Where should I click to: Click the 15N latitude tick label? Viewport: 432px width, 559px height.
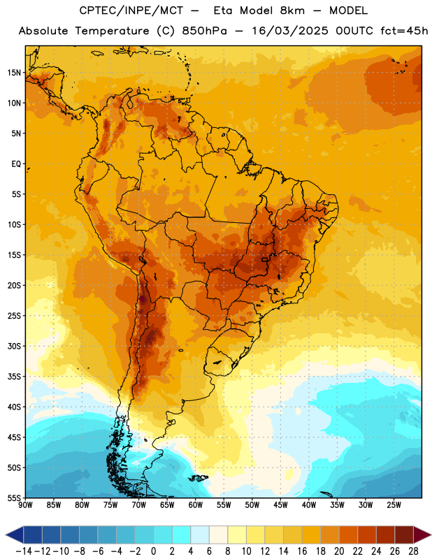(14, 73)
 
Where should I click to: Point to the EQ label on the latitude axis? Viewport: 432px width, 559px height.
(16, 164)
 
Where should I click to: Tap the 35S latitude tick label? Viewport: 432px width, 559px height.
(14, 377)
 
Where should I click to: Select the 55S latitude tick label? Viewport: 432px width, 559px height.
(14, 498)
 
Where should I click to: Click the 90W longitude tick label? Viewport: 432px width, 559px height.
(25, 505)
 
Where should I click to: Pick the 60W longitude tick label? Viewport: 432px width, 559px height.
(196, 505)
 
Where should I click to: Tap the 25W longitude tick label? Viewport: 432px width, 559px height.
(394, 505)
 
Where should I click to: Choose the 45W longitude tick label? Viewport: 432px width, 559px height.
(280, 505)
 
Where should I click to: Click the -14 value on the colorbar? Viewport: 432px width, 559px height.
(24, 551)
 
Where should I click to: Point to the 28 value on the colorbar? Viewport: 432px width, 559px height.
(413, 551)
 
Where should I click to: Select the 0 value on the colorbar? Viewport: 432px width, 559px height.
(153, 551)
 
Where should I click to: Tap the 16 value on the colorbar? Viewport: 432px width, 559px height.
(302, 551)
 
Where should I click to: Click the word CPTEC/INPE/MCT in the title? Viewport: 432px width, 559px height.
(131, 10)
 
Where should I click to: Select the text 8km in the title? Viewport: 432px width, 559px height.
(292, 10)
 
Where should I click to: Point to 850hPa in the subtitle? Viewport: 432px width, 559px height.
(204, 31)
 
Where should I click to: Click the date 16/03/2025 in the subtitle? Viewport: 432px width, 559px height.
(290, 31)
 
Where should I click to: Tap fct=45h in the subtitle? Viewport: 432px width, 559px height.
(404, 31)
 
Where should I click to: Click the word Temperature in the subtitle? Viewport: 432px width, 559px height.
(112, 31)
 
